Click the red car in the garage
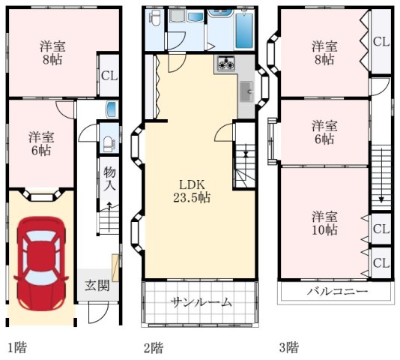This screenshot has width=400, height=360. point(41,264)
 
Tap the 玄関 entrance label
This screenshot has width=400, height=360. point(97,285)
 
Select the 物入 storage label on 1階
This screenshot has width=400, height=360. point(109,178)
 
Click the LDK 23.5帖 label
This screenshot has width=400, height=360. point(192,190)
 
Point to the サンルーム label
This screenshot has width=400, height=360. point(201,302)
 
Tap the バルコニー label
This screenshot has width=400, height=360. point(337,291)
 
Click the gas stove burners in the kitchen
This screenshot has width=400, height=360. point(225,64)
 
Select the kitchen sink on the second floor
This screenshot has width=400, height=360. point(246,91)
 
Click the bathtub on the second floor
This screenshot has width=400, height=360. point(244,31)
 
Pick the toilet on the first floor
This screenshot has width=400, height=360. point(109,144)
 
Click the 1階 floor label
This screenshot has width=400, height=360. point(17,347)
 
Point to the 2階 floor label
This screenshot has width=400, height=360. point(154,347)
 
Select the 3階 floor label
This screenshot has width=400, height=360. point(289,347)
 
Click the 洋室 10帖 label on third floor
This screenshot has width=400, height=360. point(324,223)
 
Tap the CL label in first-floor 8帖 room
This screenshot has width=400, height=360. point(109,76)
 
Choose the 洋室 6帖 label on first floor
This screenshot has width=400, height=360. point(41,143)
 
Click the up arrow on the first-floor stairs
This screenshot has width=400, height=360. point(109,217)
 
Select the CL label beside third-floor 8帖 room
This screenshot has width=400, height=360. point(381,42)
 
